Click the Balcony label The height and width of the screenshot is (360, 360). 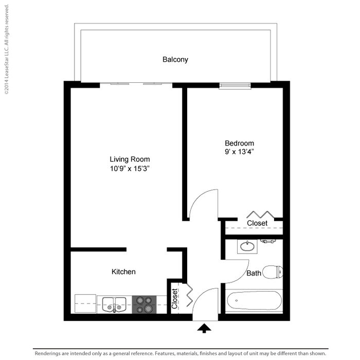pos(175,60)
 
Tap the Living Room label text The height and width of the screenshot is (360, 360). pos(130,159)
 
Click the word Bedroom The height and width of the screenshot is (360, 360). pos(239,143)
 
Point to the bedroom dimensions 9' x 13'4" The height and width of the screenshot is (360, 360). pos(239,152)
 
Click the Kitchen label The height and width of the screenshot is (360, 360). pos(123,272)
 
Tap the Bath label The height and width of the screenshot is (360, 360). pos(254,273)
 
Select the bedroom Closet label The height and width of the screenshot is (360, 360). pos(257,223)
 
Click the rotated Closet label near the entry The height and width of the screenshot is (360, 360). pos(175,298)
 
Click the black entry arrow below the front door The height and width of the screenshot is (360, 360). pos(204,328)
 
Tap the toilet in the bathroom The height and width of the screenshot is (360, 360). pos(272,272)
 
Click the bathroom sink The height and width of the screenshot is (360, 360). pos(248,246)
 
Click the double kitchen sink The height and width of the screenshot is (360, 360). pos(114,304)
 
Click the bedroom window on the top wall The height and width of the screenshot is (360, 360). pos(235,85)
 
